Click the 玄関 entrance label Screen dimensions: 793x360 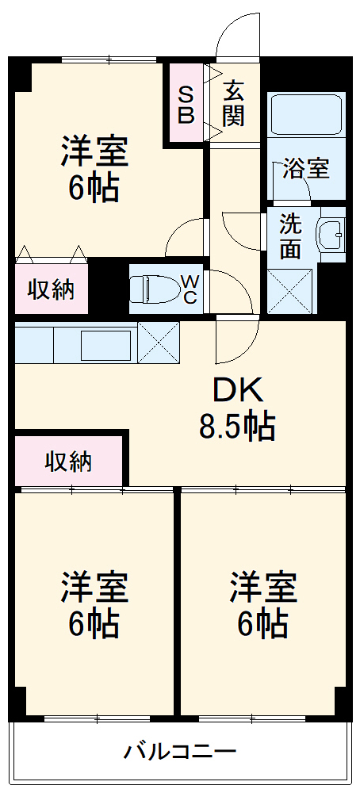233,104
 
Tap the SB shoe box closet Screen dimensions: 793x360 185,104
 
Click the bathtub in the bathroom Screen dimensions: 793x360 305,116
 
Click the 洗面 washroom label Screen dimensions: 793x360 289,236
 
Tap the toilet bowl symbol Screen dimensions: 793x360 151,289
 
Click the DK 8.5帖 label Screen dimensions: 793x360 236,408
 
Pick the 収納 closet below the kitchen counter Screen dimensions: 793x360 68,461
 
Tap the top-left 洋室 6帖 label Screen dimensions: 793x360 94,168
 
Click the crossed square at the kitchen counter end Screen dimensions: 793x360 158,343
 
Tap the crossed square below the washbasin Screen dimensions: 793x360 289,291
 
